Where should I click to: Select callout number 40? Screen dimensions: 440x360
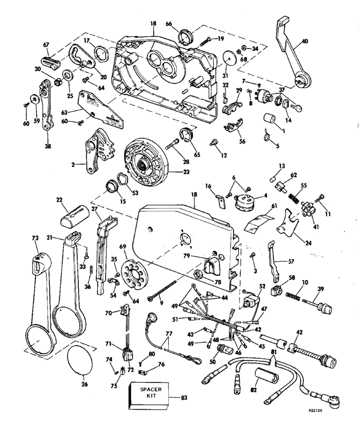point(305,41)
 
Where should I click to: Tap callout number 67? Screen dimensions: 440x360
point(46,45)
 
